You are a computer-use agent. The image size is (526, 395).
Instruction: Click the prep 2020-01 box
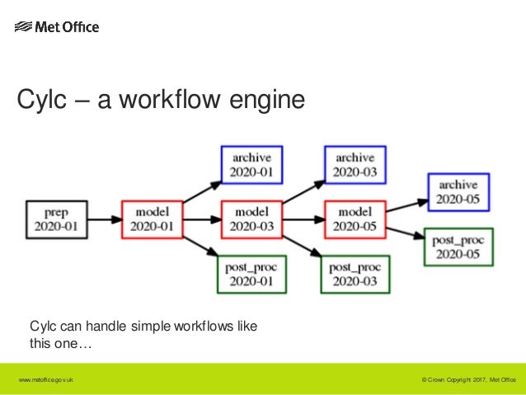pyautogui.click(x=56, y=219)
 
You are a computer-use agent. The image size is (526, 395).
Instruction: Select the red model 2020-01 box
pyautogui.click(x=151, y=219)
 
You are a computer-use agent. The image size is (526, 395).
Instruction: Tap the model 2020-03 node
pyautogui.click(x=252, y=219)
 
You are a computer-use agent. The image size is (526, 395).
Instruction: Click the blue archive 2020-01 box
pyautogui.click(x=252, y=165)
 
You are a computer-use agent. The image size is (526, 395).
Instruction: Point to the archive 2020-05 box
pyautogui.click(x=458, y=192)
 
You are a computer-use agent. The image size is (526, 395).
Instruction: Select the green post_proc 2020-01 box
pyautogui.click(x=252, y=274)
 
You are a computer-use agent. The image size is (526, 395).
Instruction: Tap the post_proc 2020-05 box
pyautogui.click(x=458, y=247)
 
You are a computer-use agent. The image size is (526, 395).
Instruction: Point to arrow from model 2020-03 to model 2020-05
pyautogui.click(x=303, y=219)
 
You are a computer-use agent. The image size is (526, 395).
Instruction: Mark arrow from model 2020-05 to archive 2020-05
pyautogui.click(x=404, y=205)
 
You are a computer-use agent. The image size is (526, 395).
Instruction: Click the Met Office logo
pyautogui.click(x=57, y=27)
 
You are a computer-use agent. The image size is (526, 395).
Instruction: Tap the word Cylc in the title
pyautogui.click(x=40, y=101)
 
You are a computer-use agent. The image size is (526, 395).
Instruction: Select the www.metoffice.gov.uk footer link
pyautogui.click(x=49, y=379)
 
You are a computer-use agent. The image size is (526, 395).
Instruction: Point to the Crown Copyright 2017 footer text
pyautogui.click(x=467, y=379)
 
